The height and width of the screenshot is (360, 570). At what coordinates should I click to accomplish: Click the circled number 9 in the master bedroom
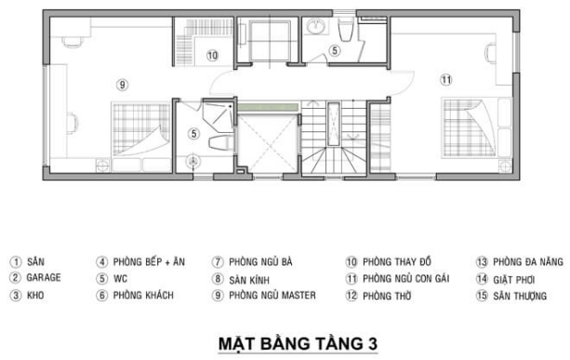(121, 85)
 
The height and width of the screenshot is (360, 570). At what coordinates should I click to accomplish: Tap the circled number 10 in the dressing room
(212, 56)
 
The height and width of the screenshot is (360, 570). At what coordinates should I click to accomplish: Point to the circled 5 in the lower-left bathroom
(192, 133)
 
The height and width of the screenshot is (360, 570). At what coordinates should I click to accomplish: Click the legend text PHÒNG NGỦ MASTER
(273, 296)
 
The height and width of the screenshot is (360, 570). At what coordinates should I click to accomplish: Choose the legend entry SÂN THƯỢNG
(527, 296)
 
